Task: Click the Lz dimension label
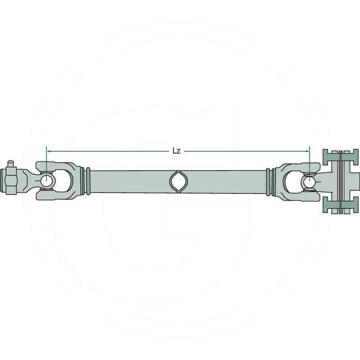coord(176,151)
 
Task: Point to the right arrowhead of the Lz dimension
coord(308,151)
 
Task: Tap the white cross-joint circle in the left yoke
coord(47,181)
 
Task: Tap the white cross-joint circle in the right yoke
coord(309,181)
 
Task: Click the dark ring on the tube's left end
coord(88,181)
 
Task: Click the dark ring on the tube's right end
coord(269,181)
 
